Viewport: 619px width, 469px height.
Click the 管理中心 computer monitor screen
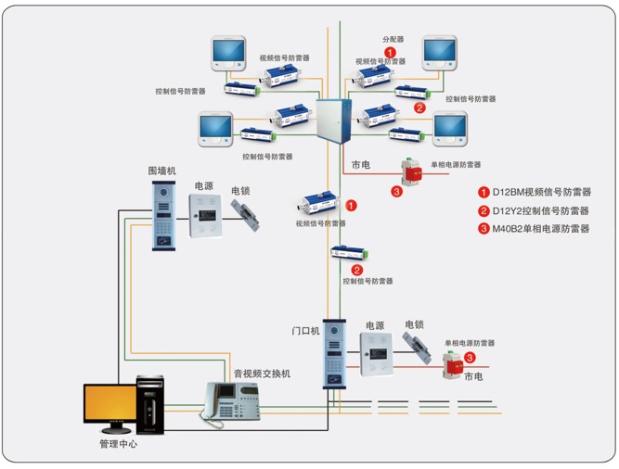pos(113,403)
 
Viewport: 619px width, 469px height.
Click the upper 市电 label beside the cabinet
pos(361,165)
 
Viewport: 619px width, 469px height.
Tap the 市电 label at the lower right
pos(473,376)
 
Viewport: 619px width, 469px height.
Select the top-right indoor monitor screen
pos(439,52)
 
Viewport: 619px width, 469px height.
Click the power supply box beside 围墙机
pos(207,216)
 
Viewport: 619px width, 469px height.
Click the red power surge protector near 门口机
pos(455,364)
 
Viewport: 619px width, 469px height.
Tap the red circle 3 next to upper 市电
pos(396,192)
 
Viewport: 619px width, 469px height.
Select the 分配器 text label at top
pos(393,41)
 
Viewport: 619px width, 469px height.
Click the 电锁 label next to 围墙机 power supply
pos(241,191)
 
